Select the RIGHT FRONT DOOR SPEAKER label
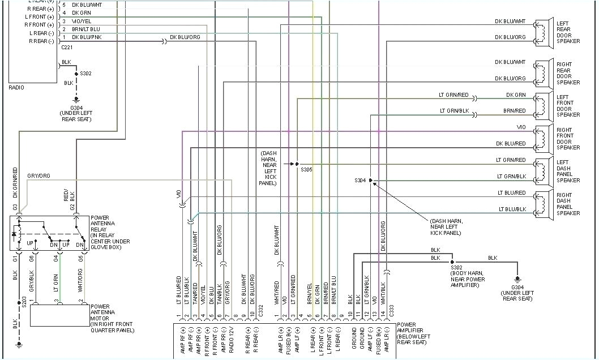[x=568, y=139]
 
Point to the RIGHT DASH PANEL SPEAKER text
[x=568, y=204]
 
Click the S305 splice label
[x=306, y=170]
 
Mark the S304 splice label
[x=360, y=181]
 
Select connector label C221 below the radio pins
[x=67, y=48]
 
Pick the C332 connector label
[x=261, y=310]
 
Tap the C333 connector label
[x=390, y=310]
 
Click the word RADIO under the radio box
[x=16, y=88]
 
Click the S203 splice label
[x=24, y=302]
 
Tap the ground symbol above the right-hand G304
[x=516, y=278]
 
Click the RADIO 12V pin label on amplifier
[x=231, y=340]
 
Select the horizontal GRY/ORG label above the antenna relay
[x=38, y=176]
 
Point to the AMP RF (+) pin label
[x=182, y=340]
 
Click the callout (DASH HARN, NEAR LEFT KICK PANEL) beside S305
[x=268, y=168]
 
